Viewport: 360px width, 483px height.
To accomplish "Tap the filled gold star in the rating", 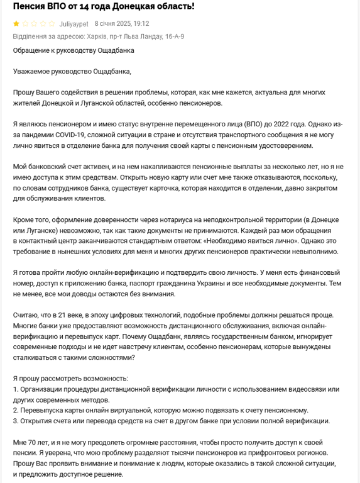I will coord(16,23).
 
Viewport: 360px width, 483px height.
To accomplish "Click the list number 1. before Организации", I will coord(16,389).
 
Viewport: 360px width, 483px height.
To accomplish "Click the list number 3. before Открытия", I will coord(16,421).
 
